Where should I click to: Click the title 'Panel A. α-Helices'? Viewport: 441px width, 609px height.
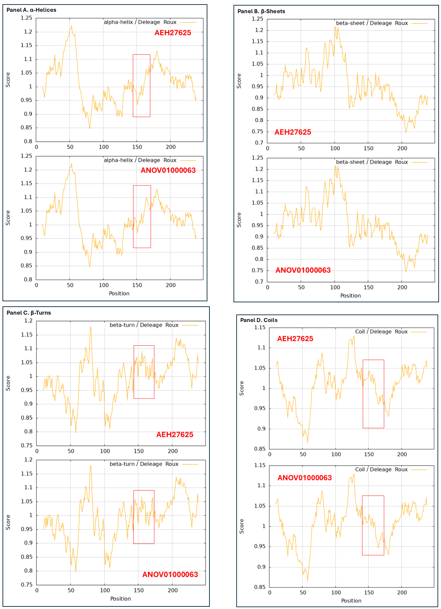(x=31, y=10)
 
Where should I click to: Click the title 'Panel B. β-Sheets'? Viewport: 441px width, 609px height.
(x=261, y=11)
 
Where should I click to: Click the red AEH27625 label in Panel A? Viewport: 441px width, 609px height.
(x=173, y=33)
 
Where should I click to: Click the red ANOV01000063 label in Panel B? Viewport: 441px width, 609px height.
(x=303, y=270)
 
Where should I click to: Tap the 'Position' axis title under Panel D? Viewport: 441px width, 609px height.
(x=351, y=601)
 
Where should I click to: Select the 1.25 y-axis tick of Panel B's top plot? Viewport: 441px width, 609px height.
(x=257, y=19)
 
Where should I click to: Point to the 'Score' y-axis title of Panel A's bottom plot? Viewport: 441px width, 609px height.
(x=8, y=218)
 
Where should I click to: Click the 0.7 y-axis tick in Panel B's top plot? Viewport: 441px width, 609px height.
(x=259, y=143)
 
